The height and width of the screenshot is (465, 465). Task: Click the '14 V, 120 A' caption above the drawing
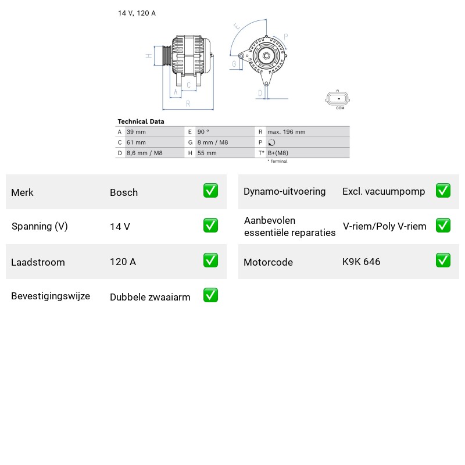tap(137, 13)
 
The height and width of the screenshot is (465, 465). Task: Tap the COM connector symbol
tap(337, 98)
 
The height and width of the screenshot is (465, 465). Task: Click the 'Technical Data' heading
tap(141, 121)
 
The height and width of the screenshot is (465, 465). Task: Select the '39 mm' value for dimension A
tap(136, 132)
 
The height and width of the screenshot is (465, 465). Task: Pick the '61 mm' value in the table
tap(136, 142)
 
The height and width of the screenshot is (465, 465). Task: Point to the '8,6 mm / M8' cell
tap(144, 153)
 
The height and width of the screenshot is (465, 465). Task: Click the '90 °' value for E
tap(203, 132)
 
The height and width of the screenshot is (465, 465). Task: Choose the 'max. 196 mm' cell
tap(287, 132)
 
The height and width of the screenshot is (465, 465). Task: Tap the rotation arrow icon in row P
tap(271, 142)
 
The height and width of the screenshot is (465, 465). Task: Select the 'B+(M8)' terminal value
tap(278, 153)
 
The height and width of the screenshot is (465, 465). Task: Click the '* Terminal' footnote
tap(278, 161)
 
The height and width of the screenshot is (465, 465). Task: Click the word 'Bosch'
tap(124, 192)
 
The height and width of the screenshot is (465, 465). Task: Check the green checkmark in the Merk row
tap(210, 191)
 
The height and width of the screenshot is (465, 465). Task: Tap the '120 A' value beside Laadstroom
tap(123, 262)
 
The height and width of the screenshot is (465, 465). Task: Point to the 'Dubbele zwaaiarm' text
tap(150, 297)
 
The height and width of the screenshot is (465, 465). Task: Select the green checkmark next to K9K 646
tap(443, 260)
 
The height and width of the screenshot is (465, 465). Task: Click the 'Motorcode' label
tap(268, 262)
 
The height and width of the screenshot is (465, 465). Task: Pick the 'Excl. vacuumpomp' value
tap(384, 192)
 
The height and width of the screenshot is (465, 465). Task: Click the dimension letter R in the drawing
tap(188, 104)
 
